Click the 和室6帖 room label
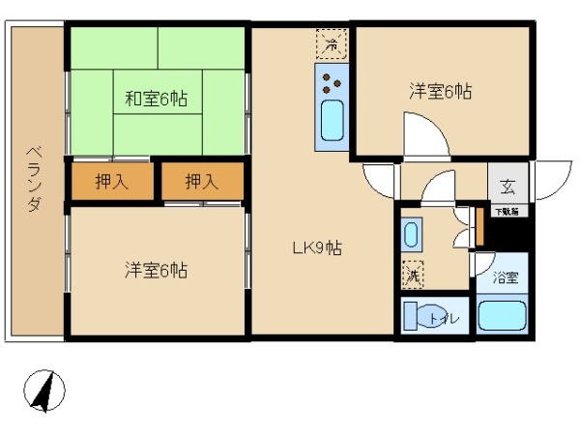coord(156,100)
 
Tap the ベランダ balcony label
coord(35,179)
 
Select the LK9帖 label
coord(317,248)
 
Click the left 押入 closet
coord(112,181)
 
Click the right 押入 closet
coord(202,181)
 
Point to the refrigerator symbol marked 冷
coord(332,44)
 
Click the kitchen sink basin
coord(332,120)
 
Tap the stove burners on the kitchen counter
coord(332,83)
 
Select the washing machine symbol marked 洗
coord(413,274)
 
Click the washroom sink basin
coord(412,235)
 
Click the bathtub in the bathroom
coord(502,315)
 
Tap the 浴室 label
coord(506,277)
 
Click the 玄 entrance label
coord(507,187)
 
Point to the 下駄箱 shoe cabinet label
coord(507,212)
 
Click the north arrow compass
coord(44,391)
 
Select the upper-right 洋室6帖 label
coord(441,91)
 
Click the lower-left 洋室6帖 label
coord(156,271)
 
